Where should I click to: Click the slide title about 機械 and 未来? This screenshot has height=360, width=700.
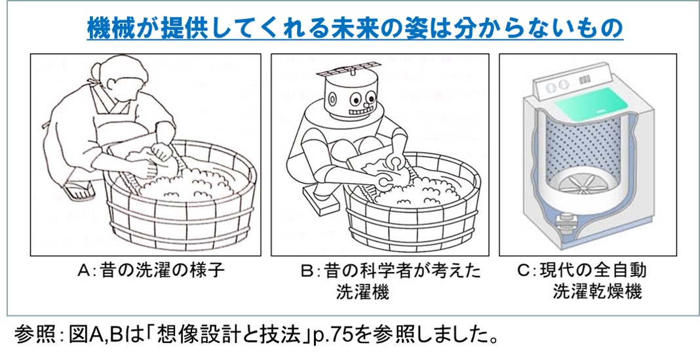coord(355,28)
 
